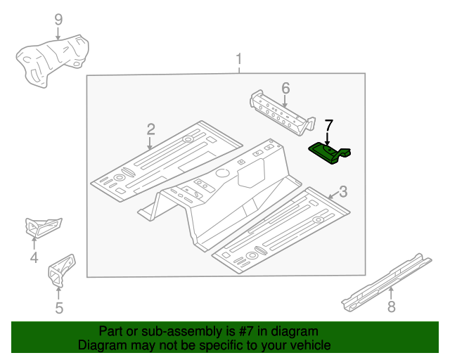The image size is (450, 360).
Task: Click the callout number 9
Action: (x=58, y=20)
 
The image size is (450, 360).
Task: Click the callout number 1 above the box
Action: (x=239, y=59)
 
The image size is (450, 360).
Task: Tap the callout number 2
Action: (x=150, y=129)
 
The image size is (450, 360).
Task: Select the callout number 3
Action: (x=343, y=192)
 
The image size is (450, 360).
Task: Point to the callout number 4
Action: (x=34, y=257)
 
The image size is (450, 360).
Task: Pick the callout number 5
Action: (x=59, y=308)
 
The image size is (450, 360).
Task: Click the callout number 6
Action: (x=285, y=88)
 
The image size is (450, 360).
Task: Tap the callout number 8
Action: (x=392, y=307)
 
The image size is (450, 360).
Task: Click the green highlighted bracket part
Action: (x=329, y=154)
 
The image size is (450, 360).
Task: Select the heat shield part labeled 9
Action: (x=51, y=60)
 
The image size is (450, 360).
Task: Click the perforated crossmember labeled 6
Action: (x=283, y=113)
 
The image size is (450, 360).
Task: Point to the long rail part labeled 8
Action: (x=386, y=283)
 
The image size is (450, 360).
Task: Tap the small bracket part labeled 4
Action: (x=44, y=227)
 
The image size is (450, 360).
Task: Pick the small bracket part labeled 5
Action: (x=61, y=271)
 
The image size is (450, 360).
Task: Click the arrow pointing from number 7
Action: (x=327, y=139)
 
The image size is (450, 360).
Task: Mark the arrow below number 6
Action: (x=284, y=101)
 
